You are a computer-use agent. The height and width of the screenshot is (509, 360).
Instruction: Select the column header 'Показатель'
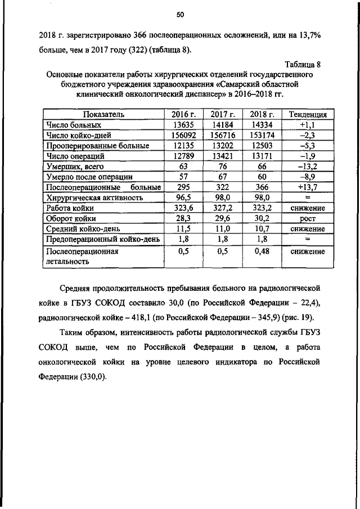click(x=101, y=114)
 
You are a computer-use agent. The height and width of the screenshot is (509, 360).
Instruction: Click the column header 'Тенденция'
click(x=308, y=114)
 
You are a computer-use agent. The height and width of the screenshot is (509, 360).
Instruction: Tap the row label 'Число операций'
click(x=75, y=156)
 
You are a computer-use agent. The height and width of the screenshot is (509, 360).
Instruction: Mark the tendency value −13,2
click(x=308, y=166)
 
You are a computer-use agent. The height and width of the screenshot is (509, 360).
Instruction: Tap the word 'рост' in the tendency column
click(x=308, y=219)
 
